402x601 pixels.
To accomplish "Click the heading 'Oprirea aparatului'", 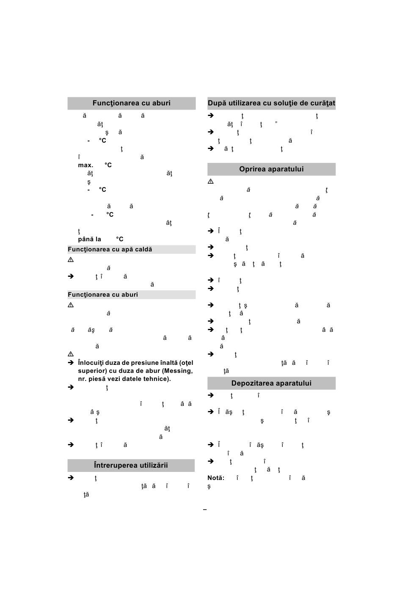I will click(271, 169).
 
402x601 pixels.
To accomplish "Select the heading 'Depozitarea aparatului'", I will click(271, 383).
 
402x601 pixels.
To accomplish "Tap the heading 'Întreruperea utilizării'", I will click(131, 465).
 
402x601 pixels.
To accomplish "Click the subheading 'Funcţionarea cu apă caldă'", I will click(110, 249).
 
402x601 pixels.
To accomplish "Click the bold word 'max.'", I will click(85, 165).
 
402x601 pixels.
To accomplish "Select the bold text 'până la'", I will click(89, 239).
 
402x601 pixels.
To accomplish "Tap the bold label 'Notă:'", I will click(216, 478).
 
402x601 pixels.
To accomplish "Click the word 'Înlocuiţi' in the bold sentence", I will click(91, 363).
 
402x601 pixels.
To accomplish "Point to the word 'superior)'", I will click(91, 371).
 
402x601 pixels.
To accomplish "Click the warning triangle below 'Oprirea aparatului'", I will click(211, 182).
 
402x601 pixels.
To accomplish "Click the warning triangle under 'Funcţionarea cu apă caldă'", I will click(71, 260).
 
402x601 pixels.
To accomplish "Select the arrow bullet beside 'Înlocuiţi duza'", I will click(71, 363).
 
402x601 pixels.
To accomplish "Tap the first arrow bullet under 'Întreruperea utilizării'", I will click(71, 478).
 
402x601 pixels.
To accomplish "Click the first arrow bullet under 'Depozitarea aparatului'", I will click(211, 395).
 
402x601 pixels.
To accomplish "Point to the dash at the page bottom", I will click(205, 510).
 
